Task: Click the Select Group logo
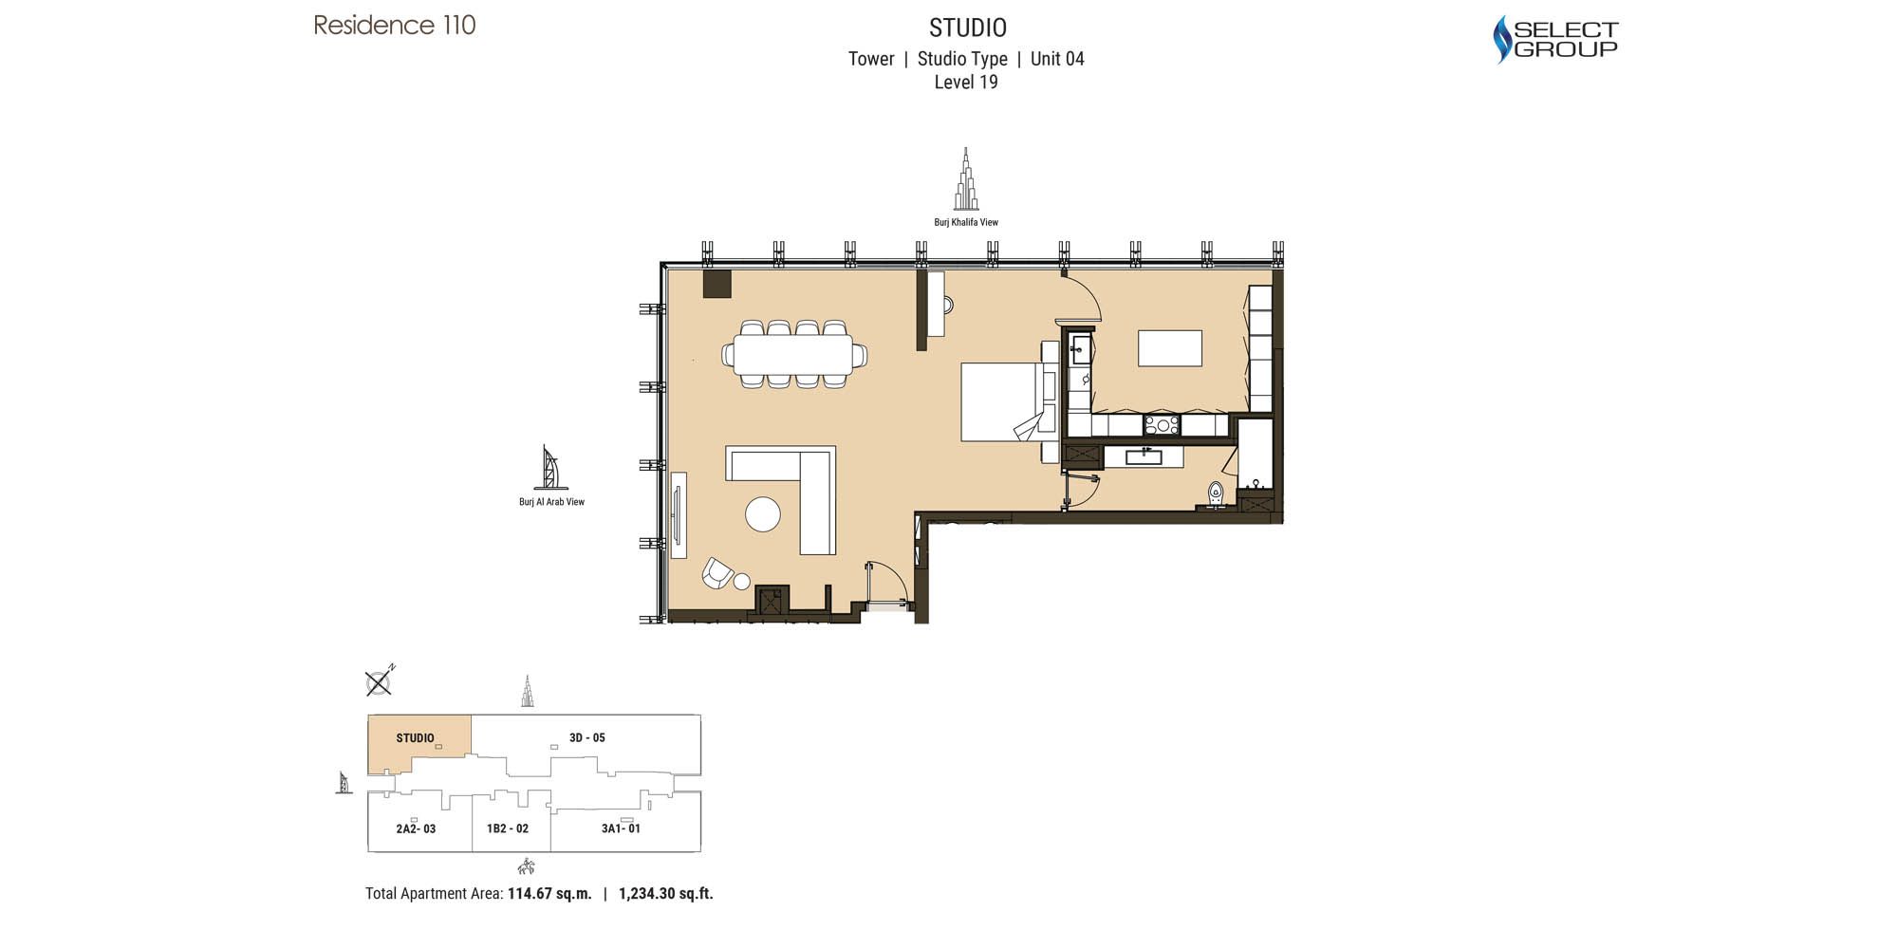pos(1554,40)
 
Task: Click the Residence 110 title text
pos(395,25)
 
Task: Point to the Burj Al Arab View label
pos(551,502)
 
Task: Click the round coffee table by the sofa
pos(762,514)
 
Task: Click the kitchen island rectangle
pos(1169,348)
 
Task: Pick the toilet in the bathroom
pos(1216,493)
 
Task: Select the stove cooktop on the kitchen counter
pos(1162,424)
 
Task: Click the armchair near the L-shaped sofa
pos(716,572)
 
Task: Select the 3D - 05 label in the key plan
pos(586,737)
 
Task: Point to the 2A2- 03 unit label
pos(416,828)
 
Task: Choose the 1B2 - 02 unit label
pos(508,828)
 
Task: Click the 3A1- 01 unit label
pos(621,828)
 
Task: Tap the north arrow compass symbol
pos(379,682)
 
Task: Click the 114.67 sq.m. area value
pos(549,893)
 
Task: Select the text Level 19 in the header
pos(965,83)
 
